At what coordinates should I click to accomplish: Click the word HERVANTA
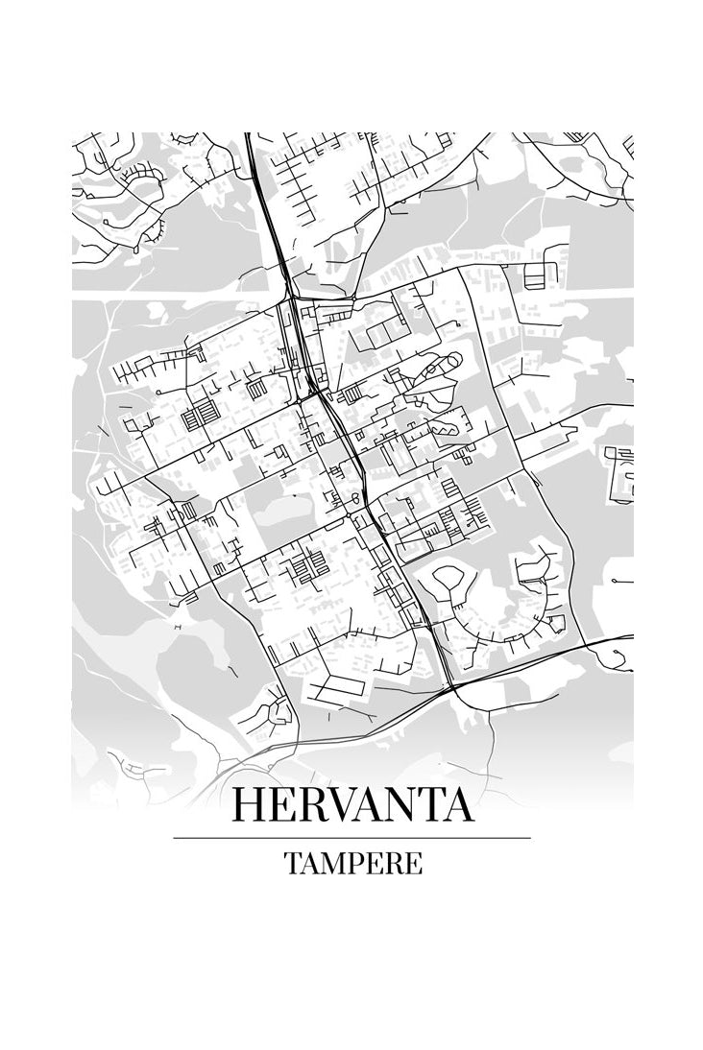352,804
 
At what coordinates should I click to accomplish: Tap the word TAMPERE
352,863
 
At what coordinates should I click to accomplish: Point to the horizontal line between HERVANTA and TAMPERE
352,838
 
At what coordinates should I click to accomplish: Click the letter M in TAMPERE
326,863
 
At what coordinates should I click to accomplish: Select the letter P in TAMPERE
351,863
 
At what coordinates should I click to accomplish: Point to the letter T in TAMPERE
291,863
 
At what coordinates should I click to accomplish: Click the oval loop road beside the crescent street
449,581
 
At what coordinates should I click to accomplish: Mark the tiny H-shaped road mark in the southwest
178,626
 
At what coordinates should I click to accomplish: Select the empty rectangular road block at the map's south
337,685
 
